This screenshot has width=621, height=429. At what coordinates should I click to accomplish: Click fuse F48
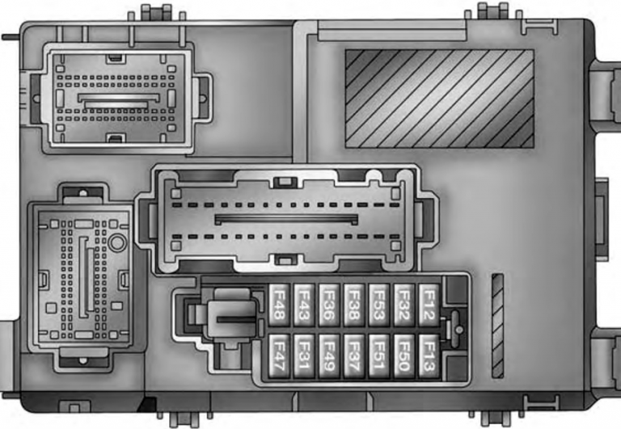[x=281, y=305]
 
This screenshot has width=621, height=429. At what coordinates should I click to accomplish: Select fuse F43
[x=305, y=305]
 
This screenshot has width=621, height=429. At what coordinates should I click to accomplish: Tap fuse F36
[x=329, y=305]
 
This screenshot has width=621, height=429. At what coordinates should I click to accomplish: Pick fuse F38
[x=354, y=305]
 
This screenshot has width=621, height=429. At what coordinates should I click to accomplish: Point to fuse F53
[x=378, y=305]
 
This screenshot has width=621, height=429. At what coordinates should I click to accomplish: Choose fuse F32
[x=403, y=305]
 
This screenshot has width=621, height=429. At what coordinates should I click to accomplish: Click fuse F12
[x=429, y=305]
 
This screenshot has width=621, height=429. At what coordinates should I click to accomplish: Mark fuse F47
[x=281, y=355]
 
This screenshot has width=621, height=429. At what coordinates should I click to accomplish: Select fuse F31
[x=305, y=355]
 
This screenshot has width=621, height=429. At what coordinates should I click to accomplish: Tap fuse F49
[x=329, y=355]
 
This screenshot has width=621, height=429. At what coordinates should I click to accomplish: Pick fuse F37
[x=354, y=355]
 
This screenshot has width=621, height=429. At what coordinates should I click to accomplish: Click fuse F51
[x=378, y=355]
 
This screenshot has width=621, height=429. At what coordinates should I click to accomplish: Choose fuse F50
[x=403, y=355]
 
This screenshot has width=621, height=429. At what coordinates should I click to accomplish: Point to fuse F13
[x=429, y=355]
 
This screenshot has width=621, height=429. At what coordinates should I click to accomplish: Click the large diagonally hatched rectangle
[x=439, y=98]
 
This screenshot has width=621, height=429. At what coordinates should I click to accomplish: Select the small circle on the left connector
[x=117, y=242]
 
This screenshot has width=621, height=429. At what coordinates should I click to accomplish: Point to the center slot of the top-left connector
[x=117, y=97]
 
